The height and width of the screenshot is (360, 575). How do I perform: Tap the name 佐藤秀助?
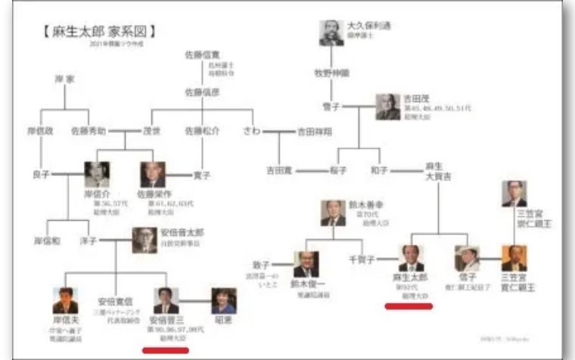90,129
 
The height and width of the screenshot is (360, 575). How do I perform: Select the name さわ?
250,129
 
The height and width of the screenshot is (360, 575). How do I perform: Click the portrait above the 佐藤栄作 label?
152,175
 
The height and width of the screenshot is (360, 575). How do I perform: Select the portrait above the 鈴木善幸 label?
333,213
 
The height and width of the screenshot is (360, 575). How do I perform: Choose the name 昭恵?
223,321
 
